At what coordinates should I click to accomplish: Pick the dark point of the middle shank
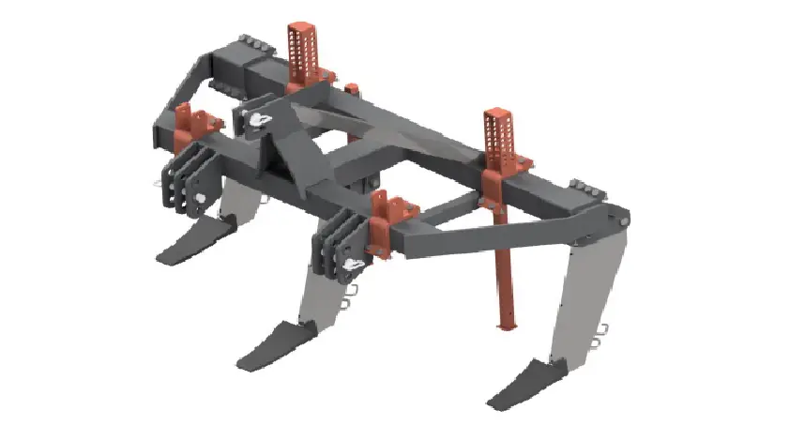(277, 343)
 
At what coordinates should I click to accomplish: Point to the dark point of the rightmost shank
(525, 384)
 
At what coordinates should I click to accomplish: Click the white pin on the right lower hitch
(354, 268)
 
